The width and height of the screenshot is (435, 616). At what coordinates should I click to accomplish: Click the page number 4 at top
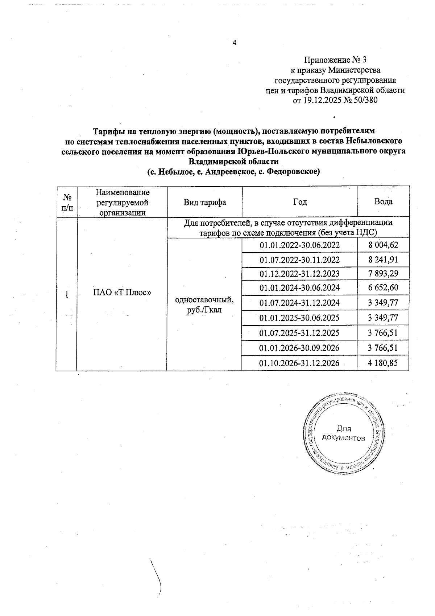click(234, 43)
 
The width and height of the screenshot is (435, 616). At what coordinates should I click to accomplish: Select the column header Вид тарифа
click(204, 202)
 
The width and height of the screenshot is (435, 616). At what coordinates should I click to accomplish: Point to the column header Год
click(300, 202)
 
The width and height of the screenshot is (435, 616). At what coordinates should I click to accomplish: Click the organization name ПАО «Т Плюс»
click(122, 292)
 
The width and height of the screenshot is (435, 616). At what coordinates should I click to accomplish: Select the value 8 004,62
click(383, 245)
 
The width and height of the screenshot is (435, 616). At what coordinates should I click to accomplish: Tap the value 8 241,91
click(383, 260)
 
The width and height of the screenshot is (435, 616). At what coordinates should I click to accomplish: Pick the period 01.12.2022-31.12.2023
click(299, 274)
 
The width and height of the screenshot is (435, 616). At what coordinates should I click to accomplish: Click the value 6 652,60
click(383, 288)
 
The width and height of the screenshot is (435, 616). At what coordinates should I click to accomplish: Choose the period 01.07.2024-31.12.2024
click(299, 303)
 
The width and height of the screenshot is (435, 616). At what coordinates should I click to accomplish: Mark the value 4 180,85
click(383, 363)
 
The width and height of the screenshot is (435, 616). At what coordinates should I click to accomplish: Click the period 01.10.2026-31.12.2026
click(299, 363)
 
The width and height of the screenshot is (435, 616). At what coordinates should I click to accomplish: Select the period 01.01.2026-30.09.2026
click(299, 348)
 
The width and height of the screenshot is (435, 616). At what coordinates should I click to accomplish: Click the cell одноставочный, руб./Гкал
click(204, 305)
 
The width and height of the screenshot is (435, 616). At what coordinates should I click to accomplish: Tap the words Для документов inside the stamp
click(343, 433)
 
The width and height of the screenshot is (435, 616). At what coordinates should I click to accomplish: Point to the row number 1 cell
click(66, 295)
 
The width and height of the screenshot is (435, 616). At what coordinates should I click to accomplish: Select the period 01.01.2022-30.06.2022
click(299, 245)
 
